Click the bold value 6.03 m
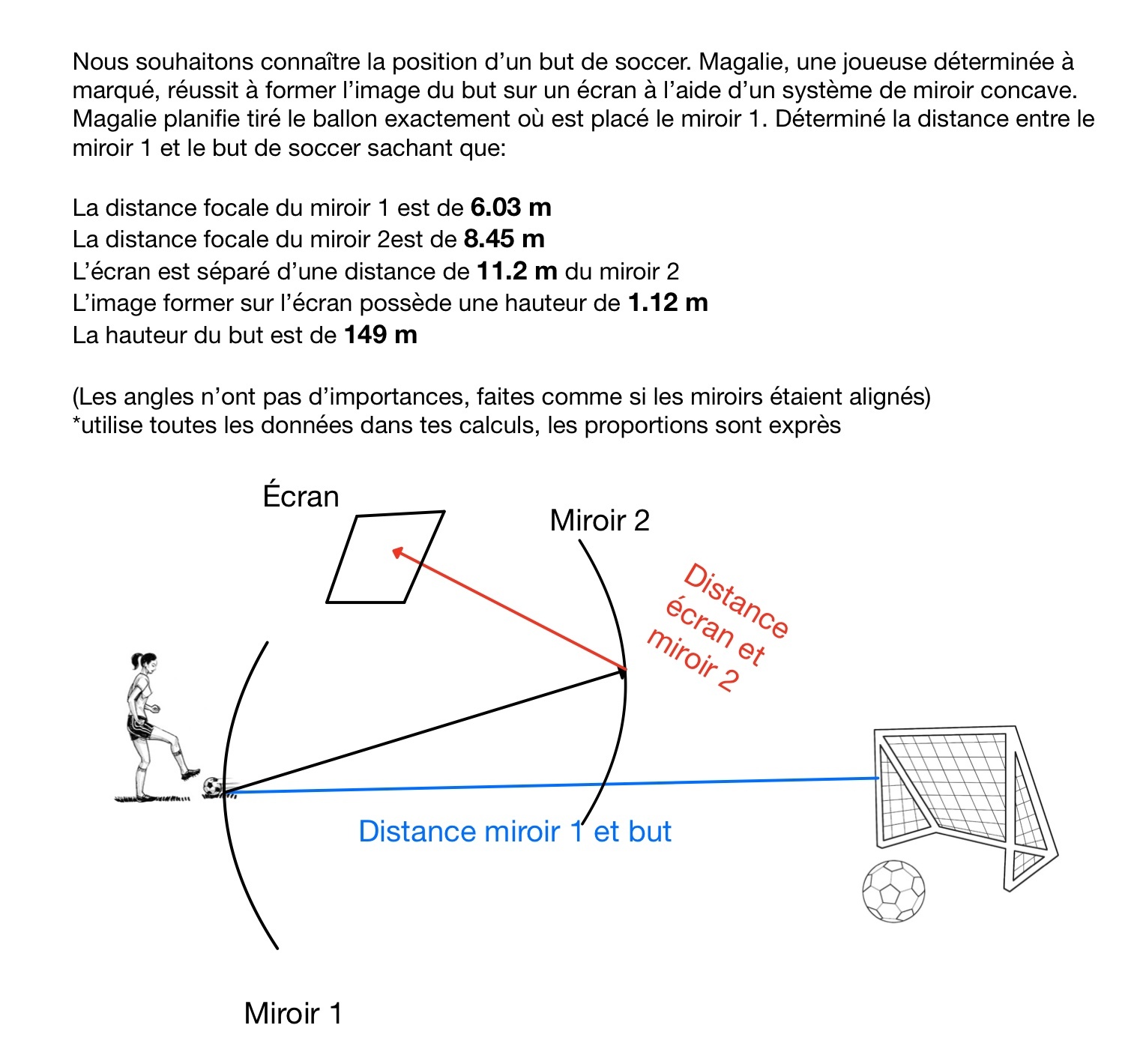pyautogui.click(x=510, y=208)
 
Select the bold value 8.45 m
pyautogui.click(x=504, y=239)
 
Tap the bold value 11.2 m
pyautogui.click(x=516, y=271)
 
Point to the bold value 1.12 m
pyautogui.click(x=667, y=303)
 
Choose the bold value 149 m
pyautogui.click(x=380, y=335)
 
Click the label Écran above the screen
pyautogui.click(x=301, y=497)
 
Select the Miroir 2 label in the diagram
pyautogui.click(x=599, y=521)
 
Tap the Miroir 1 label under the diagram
pyautogui.click(x=292, y=1014)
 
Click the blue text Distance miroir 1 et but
pyautogui.click(x=514, y=832)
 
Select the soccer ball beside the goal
pyautogui.click(x=893, y=890)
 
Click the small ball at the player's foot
pyautogui.click(x=213, y=786)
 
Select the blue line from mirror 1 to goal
pyautogui.click(x=555, y=785)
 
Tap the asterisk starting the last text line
pyautogui.click(x=76, y=423)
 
